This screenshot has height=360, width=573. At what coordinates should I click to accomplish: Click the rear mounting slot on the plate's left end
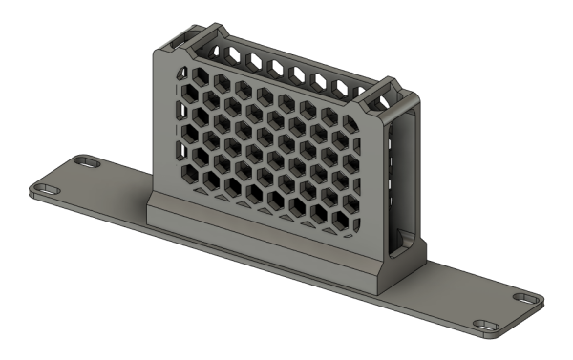tap(87, 163)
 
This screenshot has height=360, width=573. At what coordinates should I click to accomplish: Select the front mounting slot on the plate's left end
tap(43, 187)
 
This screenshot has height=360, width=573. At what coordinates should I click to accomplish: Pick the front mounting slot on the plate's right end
tap(489, 328)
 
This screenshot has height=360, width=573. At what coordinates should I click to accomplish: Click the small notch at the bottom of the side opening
tap(402, 234)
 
